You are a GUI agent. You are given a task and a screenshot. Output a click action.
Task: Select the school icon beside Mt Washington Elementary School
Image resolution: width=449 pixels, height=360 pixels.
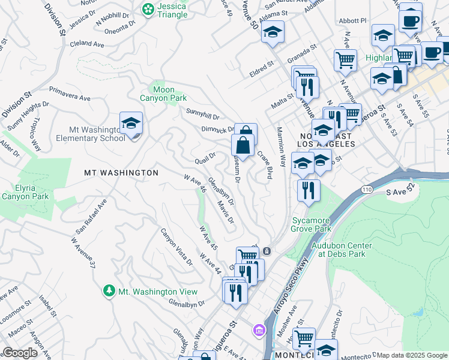[x=131, y=124]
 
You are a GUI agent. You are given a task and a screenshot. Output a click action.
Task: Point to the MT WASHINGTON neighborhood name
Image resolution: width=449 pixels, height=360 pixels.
[x=121, y=173]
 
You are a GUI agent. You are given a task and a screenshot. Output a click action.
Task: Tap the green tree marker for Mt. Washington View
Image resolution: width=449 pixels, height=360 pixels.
[x=109, y=291]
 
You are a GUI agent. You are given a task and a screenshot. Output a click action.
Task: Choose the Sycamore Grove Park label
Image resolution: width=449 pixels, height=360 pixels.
[x=311, y=224]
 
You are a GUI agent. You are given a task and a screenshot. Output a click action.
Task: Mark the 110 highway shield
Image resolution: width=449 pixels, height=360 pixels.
[x=366, y=190]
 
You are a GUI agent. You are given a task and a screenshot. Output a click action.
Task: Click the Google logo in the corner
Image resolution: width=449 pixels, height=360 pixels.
[x=20, y=353]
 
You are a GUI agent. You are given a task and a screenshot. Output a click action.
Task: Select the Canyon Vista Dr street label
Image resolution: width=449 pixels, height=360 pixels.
[x=176, y=247]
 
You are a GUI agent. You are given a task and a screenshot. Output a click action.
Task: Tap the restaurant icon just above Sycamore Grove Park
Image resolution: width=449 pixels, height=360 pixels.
[x=308, y=191]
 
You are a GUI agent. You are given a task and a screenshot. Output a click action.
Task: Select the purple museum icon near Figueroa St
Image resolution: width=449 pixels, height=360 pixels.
[x=259, y=329]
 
